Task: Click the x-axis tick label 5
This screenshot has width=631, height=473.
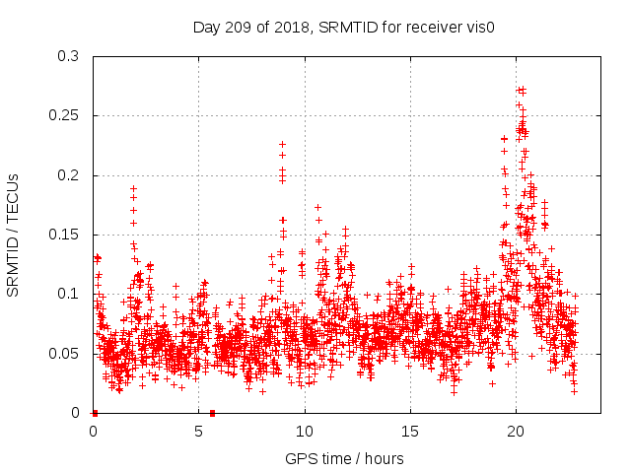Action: pos(199,431)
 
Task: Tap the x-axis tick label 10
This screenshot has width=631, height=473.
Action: pos(305,431)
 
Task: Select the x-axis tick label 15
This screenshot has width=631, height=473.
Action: pos(410,431)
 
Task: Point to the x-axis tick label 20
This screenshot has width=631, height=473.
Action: pos(516,431)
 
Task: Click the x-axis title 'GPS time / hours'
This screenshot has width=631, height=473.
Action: pos(344,458)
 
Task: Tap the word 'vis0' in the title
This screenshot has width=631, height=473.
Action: pos(479,28)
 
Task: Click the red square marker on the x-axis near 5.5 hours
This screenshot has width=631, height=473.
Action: pos(212,412)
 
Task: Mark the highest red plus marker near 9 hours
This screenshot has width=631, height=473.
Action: pos(282,145)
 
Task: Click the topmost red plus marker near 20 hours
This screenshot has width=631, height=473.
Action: pos(521,90)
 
